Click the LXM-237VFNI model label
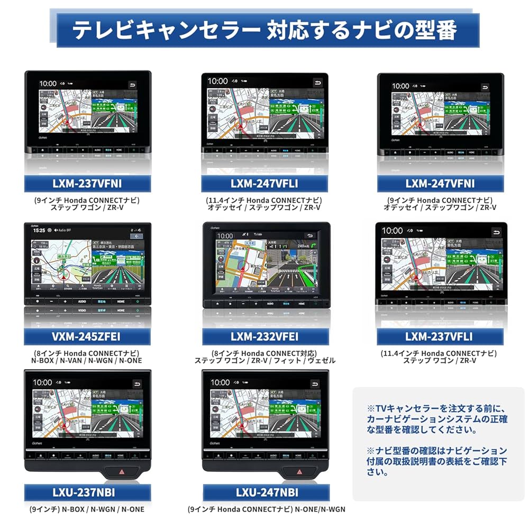(87, 184)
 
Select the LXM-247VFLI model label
(264, 184)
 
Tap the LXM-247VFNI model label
(440, 184)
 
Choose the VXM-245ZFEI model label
(87, 336)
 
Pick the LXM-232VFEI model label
(264, 336)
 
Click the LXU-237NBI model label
(87, 493)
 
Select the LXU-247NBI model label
(264, 493)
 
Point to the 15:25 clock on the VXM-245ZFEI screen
(39, 231)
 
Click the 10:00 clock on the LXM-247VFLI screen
(217, 81)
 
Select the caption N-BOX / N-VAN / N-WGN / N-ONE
(87, 361)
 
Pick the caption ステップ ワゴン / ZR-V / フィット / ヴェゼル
(264, 361)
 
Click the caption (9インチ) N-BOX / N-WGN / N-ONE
(87, 509)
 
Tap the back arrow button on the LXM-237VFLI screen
(496, 232)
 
